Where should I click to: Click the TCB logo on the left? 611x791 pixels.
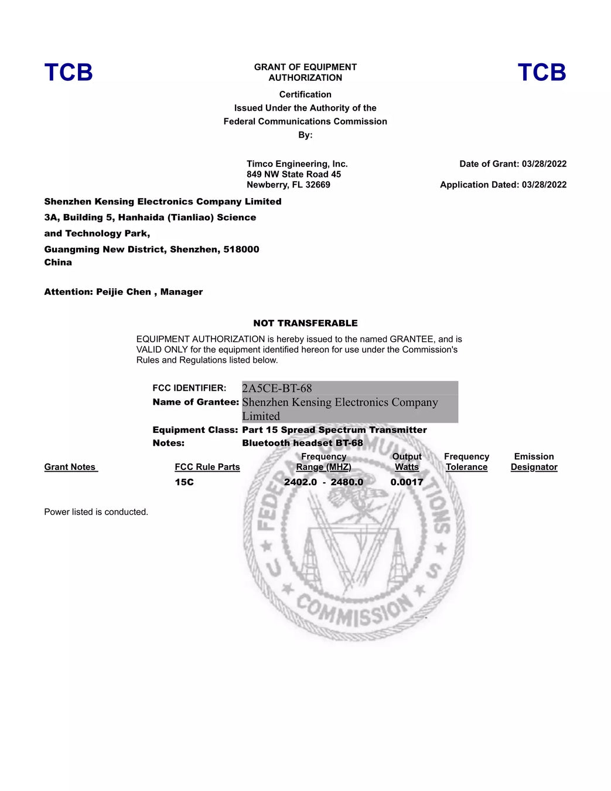pyautogui.click(x=69, y=73)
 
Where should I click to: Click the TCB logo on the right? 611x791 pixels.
pyautogui.click(x=542, y=73)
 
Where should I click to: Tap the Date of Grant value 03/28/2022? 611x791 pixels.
pyautogui.click(x=544, y=164)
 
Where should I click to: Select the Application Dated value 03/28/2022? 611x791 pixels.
pyautogui.click(x=544, y=185)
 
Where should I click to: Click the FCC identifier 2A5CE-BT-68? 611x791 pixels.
pyautogui.click(x=277, y=388)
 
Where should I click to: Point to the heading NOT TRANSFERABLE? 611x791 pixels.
pyautogui.click(x=305, y=323)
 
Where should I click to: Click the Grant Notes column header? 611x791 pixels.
pyautogui.click(x=70, y=467)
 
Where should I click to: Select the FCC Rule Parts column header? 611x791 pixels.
pyautogui.click(x=207, y=467)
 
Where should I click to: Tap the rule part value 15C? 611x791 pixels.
pyautogui.click(x=184, y=482)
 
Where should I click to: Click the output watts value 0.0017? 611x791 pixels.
pyautogui.click(x=407, y=482)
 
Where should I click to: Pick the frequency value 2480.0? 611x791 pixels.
pyautogui.click(x=347, y=482)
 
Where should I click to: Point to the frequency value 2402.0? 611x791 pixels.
pyautogui.click(x=301, y=482)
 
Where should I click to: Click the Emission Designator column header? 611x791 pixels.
pyautogui.click(x=534, y=462)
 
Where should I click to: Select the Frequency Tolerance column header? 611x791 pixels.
pyautogui.click(x=466, y=462)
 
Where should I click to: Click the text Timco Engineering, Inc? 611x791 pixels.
pyautogui.click(x=297, y=164)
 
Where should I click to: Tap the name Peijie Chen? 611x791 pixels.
pyautogui.click(x=124, y=292)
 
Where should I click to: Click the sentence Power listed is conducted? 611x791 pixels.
pyautogui.click(x=96, y=512)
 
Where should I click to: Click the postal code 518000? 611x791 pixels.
pyautogui.click(x=241, y=249)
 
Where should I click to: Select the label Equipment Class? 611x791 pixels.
pyautogui.click(x=195, y=430)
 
